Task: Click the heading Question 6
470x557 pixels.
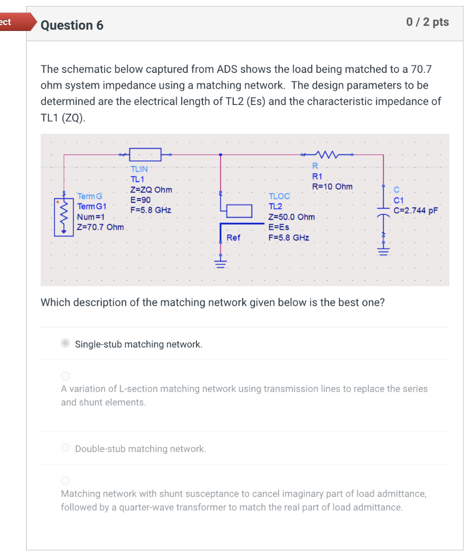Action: pyautogui.click(x=72, y=25)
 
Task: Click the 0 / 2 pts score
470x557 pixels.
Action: pyautogui.click(x=428, y=22)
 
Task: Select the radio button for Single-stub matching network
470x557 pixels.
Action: pyautogui.click(x=65, y=343)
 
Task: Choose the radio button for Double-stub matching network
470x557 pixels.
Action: pyautogui.click(x=65, y=448)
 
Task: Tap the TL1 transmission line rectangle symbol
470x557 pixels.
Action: pyautogui.click(x=145, y=154)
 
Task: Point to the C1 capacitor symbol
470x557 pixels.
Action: pyautogui.click(x=384, y=216)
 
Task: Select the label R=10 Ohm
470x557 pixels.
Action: pyautogui.click(x=332, y=187)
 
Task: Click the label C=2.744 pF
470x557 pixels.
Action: pyautogui.click(x=416, y=211)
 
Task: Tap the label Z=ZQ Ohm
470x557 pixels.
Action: pyautogui.click(x=151, y=190)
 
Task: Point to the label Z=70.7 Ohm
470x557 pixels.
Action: pyautogui.click(x=100, y=227)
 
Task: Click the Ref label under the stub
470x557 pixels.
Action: pyautogui.click(x=233, y=237)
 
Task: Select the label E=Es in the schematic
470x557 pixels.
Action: pyautogui.click(x=279, y=227)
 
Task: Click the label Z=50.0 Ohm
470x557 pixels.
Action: pyautogui.click(x=292, y=216)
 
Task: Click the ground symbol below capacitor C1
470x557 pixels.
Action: pyautogui.click(x=384, y=252)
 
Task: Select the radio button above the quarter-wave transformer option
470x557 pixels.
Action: pyautogui.click(x=65, y=480)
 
